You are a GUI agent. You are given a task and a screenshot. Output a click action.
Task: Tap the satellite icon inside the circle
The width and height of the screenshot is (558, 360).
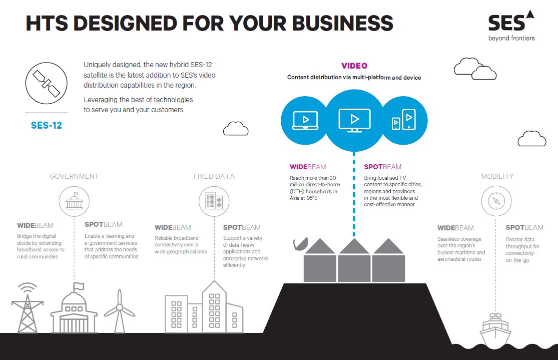click(x=46, y=83)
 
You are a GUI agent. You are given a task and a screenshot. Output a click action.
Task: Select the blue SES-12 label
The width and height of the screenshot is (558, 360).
click(x=46, y=125)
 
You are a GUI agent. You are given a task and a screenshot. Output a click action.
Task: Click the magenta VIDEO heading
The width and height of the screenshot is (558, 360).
click(x=354, y=66)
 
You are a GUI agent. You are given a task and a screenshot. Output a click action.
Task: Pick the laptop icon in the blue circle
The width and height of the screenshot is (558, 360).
click(x=305, y=120)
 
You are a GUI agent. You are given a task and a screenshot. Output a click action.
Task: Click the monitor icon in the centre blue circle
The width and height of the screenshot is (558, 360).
click(x=354, y=120)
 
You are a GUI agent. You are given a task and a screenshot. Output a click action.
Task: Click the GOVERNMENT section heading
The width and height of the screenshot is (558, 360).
click(x=75, y=176)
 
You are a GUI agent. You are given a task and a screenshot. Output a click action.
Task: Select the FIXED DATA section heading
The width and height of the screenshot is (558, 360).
click(x=214, y=176)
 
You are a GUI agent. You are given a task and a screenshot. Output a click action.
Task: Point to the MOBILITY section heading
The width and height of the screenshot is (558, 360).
click(x=497, y=176)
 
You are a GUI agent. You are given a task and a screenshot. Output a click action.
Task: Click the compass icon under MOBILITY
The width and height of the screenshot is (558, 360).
click(x=496, y=201)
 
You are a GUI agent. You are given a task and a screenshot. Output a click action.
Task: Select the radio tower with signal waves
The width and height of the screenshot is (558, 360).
click(x=28, y=308)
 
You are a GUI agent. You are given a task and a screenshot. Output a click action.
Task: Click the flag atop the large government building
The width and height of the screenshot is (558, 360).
click(x=79, y=286)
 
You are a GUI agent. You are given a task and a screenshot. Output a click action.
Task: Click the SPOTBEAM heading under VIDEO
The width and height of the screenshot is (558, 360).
click(x=382, y=167)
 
